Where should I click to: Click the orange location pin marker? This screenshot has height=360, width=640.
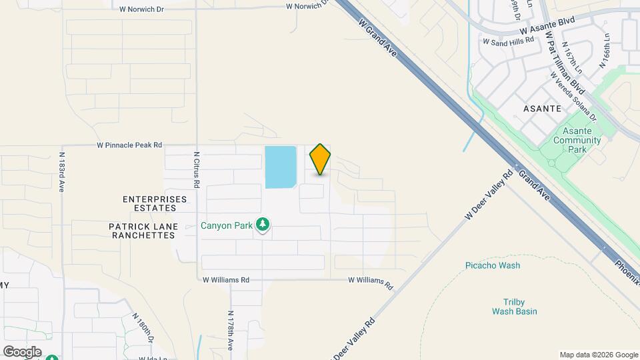(x=320, y=159)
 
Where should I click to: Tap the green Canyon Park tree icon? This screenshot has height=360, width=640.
(x=263, y=225)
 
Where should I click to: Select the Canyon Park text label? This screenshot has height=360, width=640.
(x=227, y=225)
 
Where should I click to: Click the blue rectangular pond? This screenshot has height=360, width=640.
(x=281, y=167)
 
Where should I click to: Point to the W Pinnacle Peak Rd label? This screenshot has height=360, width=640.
(x=129, y=145)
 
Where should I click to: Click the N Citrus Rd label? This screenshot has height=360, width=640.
(x=197, y=170)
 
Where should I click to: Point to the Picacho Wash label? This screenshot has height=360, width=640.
(x=493, y=265)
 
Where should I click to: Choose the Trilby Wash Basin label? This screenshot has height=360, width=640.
(x=514, y=307)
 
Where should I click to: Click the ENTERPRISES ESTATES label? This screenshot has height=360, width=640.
(x=155, y=203)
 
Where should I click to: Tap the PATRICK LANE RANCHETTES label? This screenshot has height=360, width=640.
(x=143, y=231)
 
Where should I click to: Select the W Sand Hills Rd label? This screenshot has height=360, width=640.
(x=509, y=41)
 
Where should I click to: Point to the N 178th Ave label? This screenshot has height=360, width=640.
(x=230, y=330)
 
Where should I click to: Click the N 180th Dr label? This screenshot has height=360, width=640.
(x=143, y=328)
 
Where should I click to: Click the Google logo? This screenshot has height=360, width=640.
(x=22, y=351)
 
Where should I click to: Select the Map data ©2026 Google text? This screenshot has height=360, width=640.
(x=598, y=355)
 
